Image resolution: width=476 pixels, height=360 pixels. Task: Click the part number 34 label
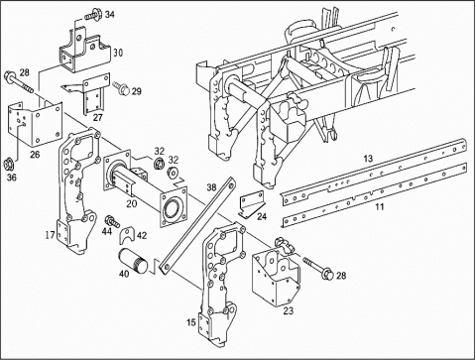[x=110, y=15]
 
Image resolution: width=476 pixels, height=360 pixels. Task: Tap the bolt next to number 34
[x=92, y=14]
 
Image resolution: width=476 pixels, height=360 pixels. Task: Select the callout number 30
[x=118, y=53]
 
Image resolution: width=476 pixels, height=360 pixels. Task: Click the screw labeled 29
[x=121, y=87]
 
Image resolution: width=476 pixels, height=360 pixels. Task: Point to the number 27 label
[x=98, y=117]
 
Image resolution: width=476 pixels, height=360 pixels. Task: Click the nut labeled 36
[x=8, y=165]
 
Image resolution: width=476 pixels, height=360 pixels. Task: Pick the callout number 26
[x=35, y=154]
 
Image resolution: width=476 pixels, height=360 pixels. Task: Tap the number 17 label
[x=51, y=235]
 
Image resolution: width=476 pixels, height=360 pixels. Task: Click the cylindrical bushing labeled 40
[x=134, y=261]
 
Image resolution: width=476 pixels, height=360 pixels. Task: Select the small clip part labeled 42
[x=128, y=234]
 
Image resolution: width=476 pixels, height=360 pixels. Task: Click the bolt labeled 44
[x=112, y=221]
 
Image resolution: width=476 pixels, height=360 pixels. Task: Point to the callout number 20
[x=132, y=203]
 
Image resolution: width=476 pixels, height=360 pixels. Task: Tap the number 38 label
[x=211, y=187]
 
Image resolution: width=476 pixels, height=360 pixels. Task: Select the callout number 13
[x=368, y=159]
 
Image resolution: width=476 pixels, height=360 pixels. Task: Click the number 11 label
[x=380, y=206]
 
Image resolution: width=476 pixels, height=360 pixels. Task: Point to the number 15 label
[x=191, y=322]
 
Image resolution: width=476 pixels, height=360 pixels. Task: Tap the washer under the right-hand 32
[x=173, y=173]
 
